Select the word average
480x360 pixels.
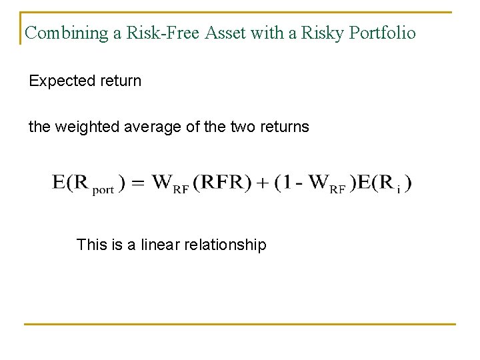point(152,127)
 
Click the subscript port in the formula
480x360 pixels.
point(103,189)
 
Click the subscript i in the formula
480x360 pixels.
point(398,189)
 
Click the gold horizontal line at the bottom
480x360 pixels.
point(240,325)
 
